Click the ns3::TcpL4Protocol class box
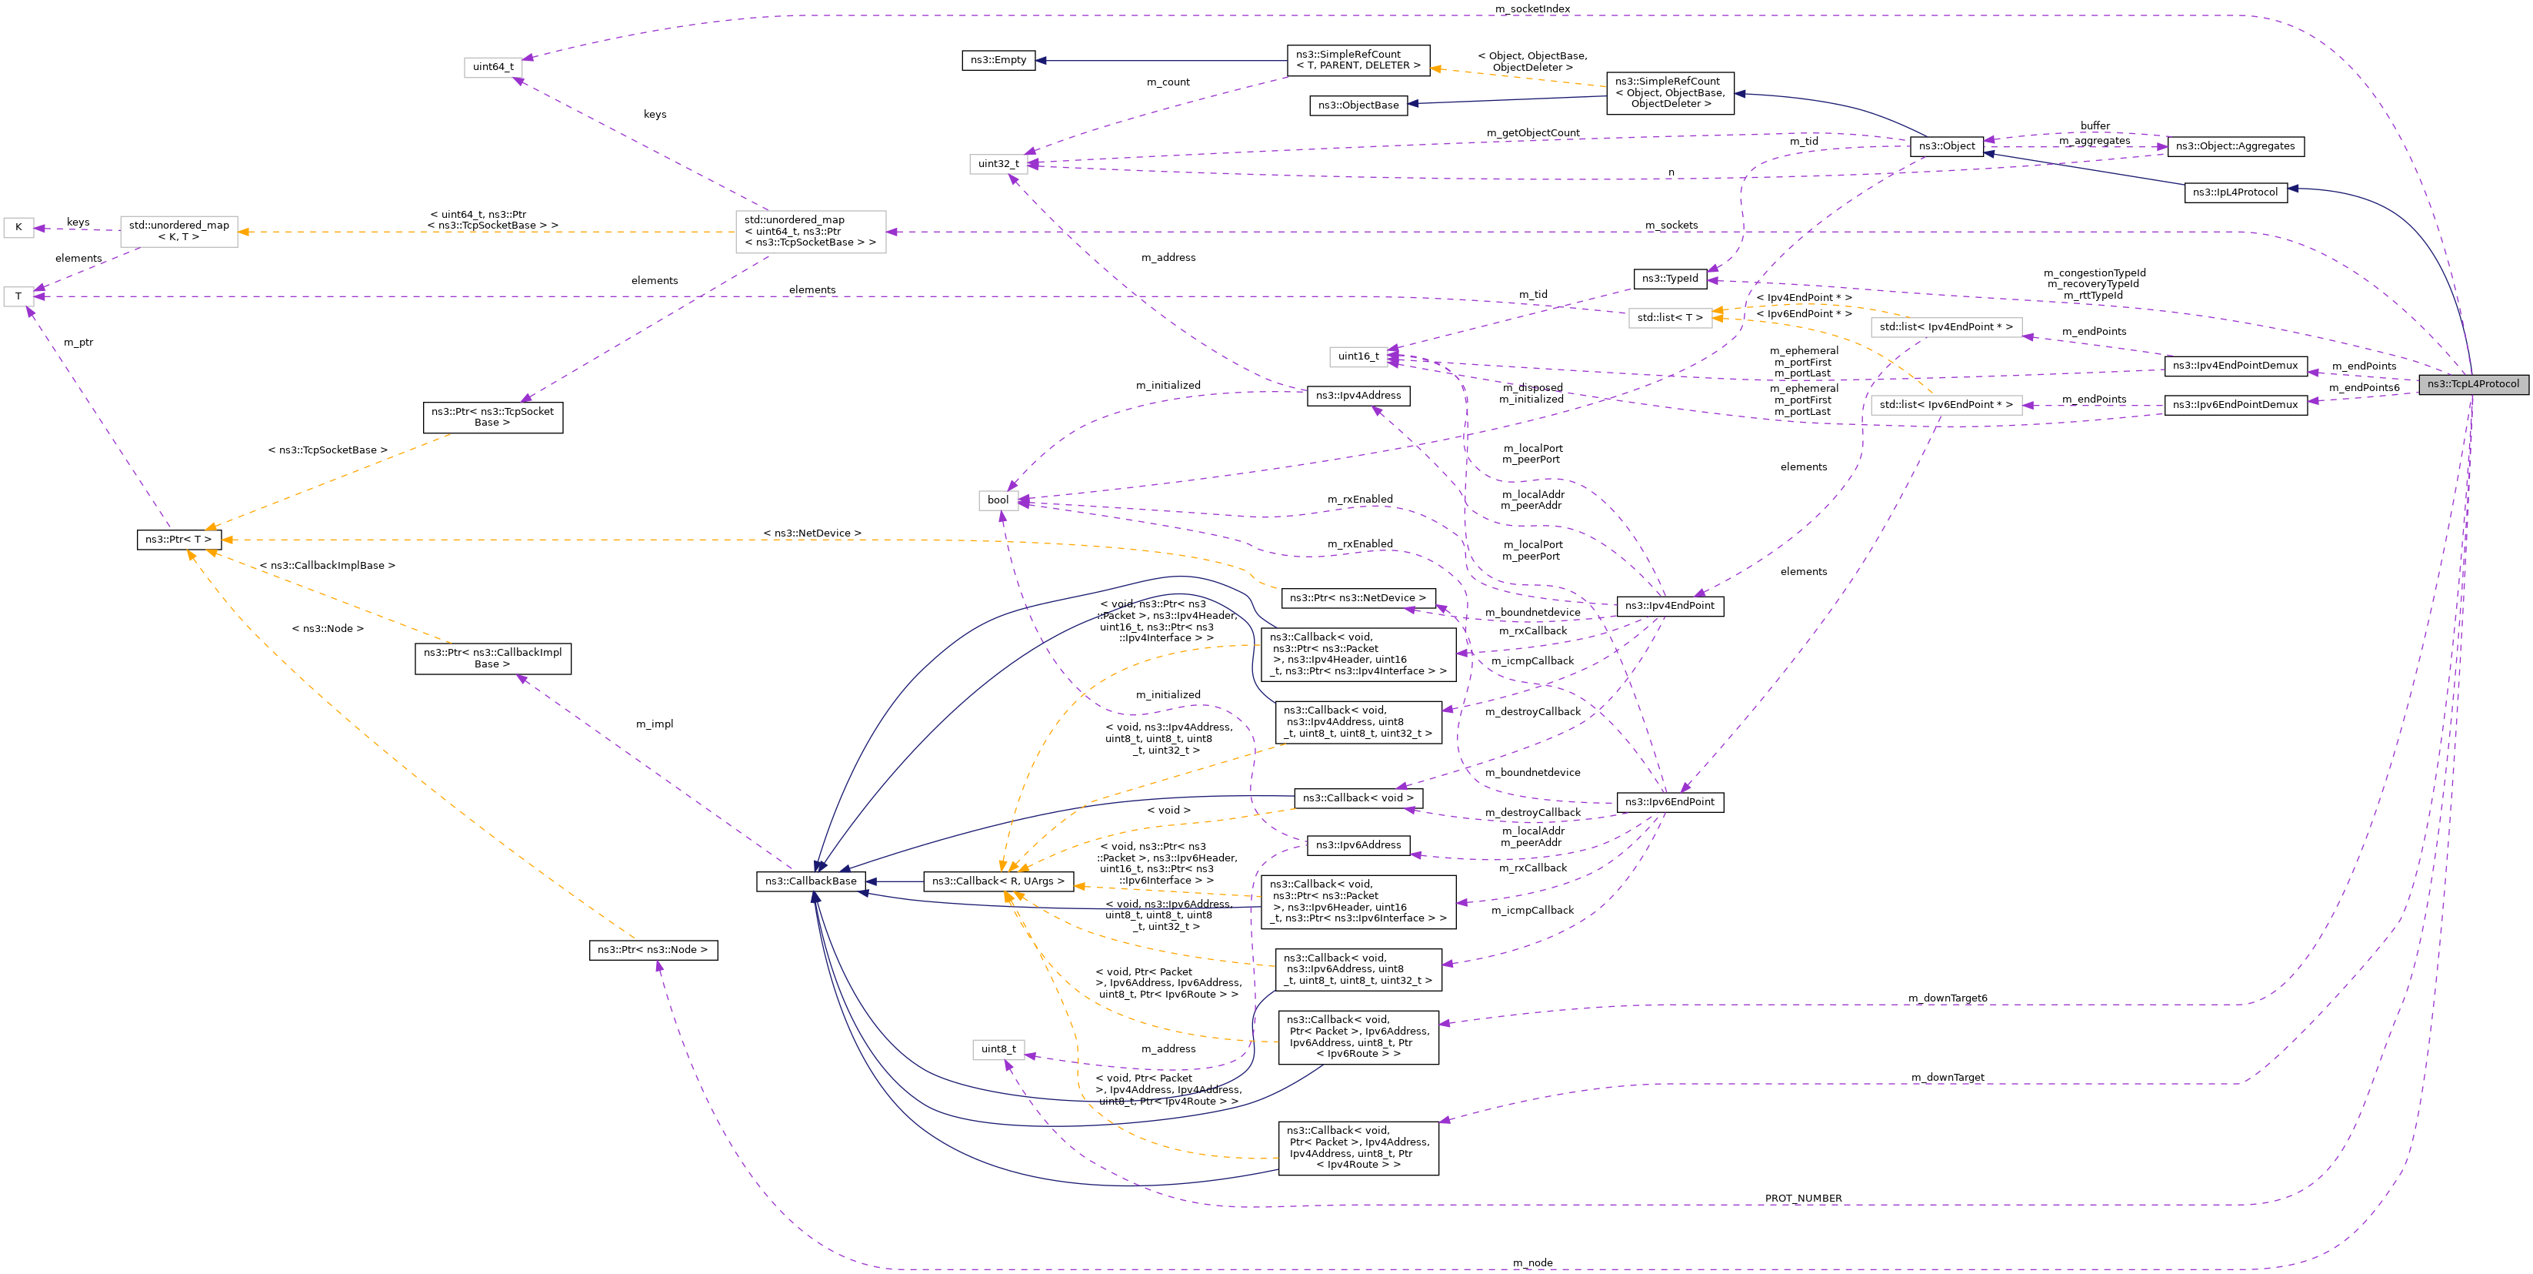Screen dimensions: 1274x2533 tap(2472, 383)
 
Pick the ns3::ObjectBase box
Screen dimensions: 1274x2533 tap(1357, 105)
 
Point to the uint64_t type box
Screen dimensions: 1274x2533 tap(492, 67)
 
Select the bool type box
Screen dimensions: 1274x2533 tap(997, 500)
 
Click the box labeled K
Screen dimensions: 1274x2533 tap(18, 227)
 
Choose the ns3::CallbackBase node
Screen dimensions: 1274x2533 tap(810, 881)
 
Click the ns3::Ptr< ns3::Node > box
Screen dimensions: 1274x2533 tap(653, 949)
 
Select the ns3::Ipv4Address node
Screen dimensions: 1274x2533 tap(1358, 396)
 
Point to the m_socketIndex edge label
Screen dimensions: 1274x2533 tap(1532, 9)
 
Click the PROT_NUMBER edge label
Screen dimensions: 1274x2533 tap(1802, 1199)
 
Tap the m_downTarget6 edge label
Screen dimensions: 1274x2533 tap(1947, 998)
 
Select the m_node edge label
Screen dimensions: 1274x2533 tap(1532, 1262)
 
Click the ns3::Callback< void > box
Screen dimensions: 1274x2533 tap(1357, 798)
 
